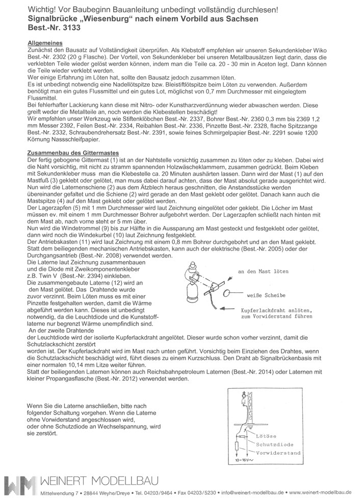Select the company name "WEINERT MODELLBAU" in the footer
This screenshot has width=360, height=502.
coord(100,482)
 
